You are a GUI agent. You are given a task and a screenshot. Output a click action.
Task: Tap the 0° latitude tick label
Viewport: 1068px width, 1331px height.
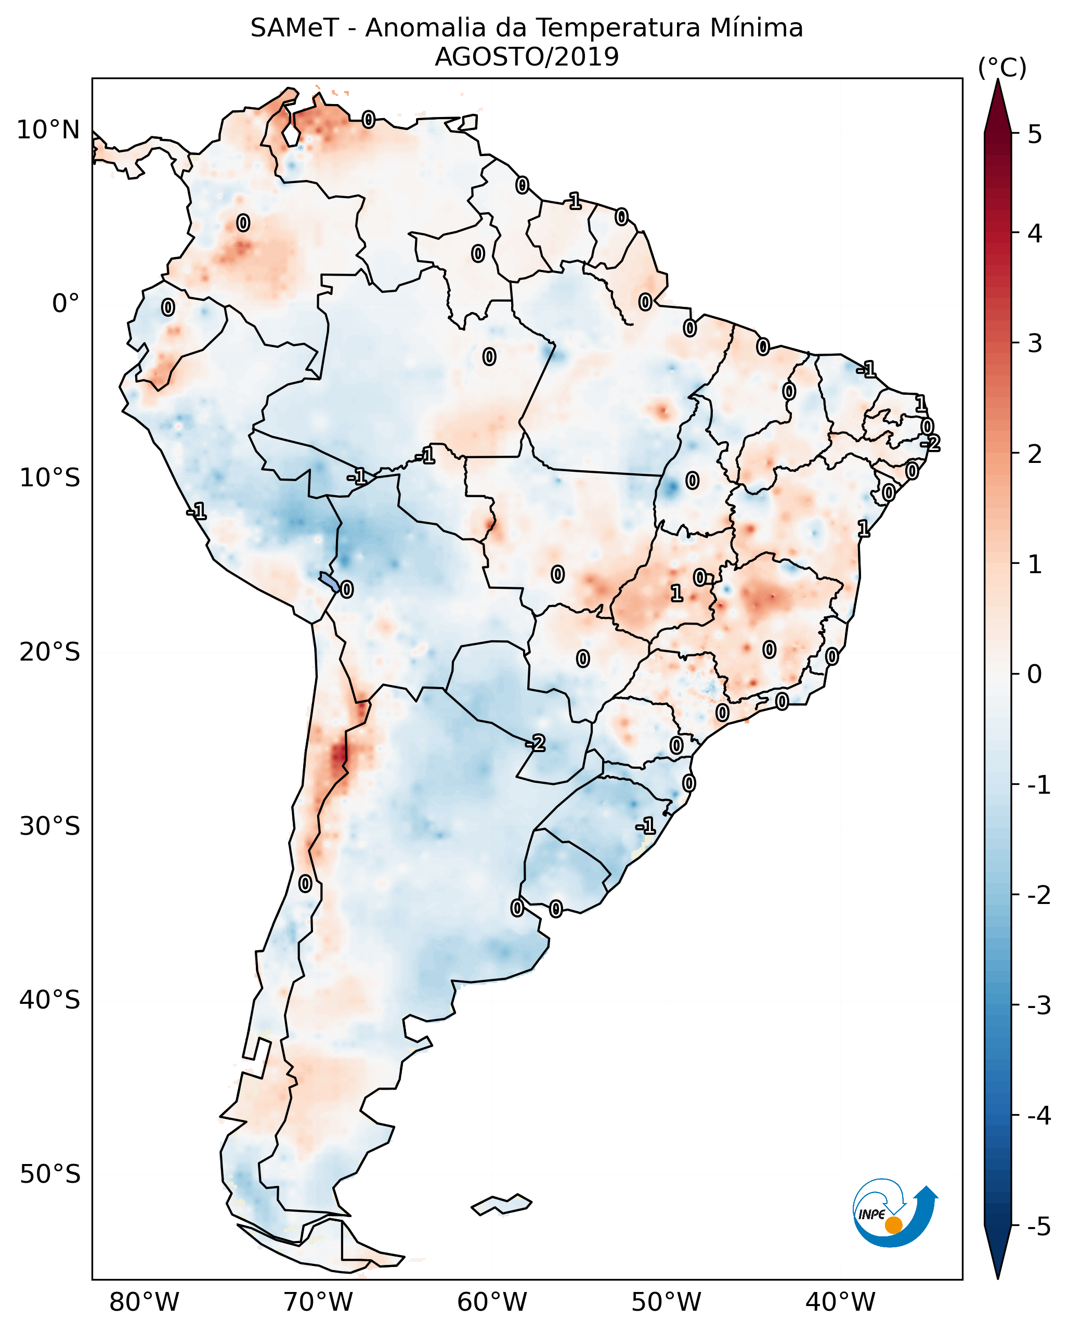pyautogui.click(x=66, y=304)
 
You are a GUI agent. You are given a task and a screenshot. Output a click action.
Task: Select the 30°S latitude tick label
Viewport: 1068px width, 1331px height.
pyautogui.click(x=49, y=826)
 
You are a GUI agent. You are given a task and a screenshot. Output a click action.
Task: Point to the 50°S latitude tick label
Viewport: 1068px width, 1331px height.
pyautogui.click(x=49, y=1174)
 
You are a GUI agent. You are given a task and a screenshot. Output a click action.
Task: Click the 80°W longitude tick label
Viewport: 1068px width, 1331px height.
pyautogui.click(x=144, y=1302)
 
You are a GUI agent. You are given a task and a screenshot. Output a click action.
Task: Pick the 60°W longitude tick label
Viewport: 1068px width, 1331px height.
pyautogui.click(x=492, y=1302)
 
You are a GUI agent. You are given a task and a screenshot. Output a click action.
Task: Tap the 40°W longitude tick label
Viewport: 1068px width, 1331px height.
pyautogui.click(x=840, y=1302)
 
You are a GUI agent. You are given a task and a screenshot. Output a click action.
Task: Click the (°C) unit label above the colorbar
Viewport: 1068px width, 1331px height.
pyautogui.click(x=1002, y=68)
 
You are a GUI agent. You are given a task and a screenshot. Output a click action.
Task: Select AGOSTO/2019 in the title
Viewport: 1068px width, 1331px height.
pyautogui.click(x=526, y=57)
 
